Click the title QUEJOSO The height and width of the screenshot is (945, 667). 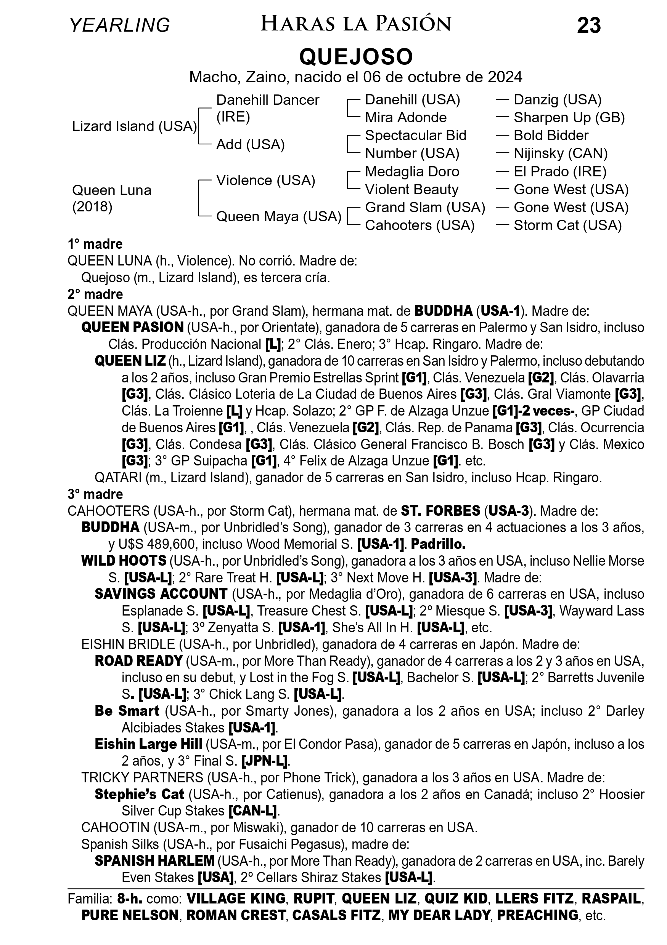coord(356,57)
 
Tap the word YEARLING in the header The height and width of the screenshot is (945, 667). coord(119,25)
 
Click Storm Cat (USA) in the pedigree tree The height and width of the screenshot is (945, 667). coord(567,225)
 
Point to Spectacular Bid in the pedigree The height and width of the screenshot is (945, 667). coord(415,136)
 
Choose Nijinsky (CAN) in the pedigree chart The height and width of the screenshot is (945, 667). coord(560,154)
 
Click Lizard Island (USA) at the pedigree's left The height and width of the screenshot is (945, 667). coord(134,126)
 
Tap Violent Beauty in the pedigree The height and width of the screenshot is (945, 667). coord(411,189)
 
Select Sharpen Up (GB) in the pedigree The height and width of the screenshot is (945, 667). coord(569,118)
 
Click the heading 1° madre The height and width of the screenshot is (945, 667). coord(95,244)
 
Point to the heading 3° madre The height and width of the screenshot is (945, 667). coord(95,494)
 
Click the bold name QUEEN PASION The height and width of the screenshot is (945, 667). coord(132,327)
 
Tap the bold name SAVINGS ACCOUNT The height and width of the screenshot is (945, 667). coord(161,594)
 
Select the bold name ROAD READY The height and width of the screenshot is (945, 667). coord(138,660)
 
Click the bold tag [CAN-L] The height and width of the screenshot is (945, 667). coord(252,811)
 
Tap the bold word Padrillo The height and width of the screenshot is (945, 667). coord(438,544)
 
